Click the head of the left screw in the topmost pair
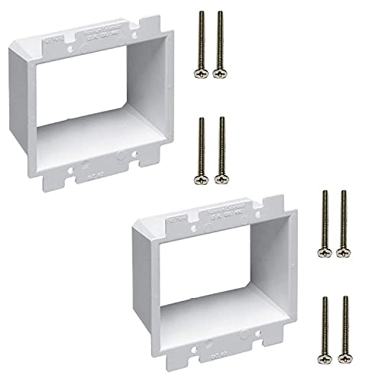click(x=202, y=74)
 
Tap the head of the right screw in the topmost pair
click(x=221, y=74)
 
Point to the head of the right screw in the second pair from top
click(x=221, y=178)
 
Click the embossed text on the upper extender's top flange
click(x=111, y=32)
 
